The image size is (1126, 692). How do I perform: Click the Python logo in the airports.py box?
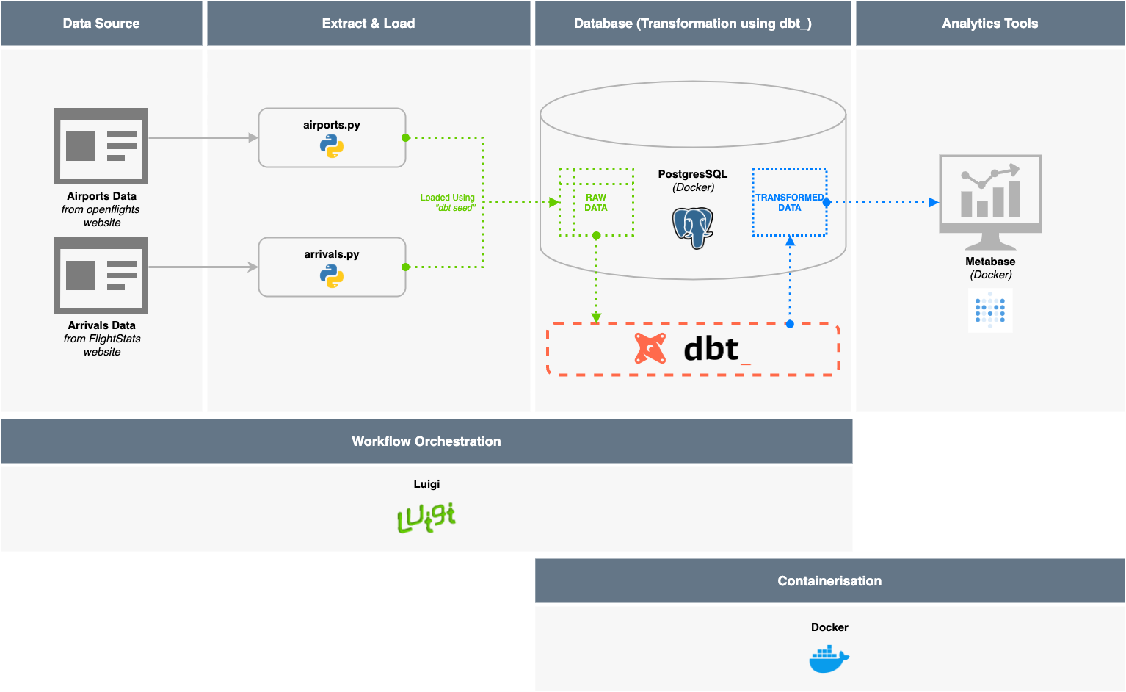[332, 147]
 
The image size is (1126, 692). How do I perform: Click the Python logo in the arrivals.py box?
[332, 276]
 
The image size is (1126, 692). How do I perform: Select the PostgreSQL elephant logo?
[693, 227]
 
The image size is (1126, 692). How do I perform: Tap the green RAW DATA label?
[596, 203]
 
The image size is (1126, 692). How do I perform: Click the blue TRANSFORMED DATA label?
[790, 203]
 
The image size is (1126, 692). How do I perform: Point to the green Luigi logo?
[426, 517]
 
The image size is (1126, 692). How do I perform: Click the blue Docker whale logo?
[829, 659]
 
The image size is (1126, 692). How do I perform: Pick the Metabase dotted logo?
[990, 310]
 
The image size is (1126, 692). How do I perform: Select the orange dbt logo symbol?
[650, 349]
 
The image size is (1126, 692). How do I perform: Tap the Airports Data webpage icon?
[101, 146]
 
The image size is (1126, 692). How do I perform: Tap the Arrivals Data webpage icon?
[101, 275]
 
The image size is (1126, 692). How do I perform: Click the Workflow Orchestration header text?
[426, 441]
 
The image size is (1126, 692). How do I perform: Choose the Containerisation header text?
[829, 581]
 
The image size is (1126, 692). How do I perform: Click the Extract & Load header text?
[368, 24]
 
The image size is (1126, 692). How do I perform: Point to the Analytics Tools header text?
[989, 24]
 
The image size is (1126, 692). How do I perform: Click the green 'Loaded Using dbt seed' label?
[448, 203]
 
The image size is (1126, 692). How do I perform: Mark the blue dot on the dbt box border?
[790, 324]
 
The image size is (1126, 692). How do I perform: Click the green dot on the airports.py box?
[406, 138]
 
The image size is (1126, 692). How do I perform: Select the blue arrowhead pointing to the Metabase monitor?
[934, 202]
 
